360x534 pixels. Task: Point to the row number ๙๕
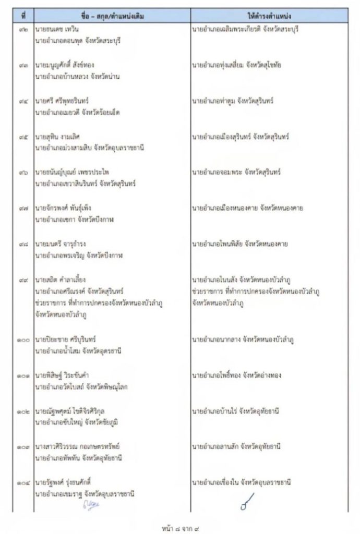(23, 137)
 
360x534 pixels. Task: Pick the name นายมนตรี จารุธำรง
(59, 244)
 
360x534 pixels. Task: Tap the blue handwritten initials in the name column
(91, 504)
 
